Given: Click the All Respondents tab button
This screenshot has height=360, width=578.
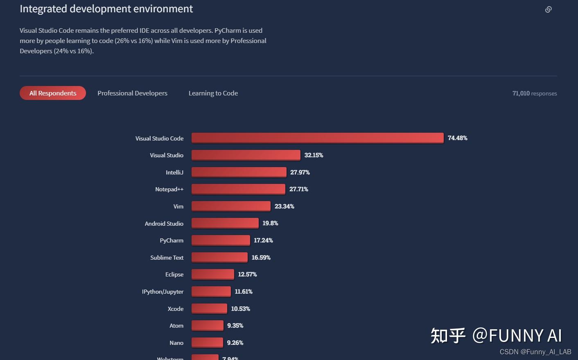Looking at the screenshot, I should click(53, 93).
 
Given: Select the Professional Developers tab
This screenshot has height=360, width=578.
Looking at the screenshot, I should click(132, 93).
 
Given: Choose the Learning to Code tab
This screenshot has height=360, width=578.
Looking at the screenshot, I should click(213, 93).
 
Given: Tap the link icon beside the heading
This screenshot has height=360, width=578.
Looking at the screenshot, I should click(549, 9).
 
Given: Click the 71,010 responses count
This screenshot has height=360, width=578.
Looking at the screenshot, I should click(534, 93).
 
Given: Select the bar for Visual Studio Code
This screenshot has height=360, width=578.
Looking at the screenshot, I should click(317, 138).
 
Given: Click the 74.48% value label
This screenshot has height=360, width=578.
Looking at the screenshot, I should click(457, 138).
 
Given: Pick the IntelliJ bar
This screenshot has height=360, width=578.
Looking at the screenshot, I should click(239, 172).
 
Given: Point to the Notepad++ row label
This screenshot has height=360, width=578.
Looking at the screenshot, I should click(169, 189).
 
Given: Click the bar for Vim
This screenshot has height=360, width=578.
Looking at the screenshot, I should click(231, 206).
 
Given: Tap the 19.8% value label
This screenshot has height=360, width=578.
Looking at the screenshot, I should click(270, 223).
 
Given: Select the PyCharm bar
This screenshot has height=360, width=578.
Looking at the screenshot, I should click(221, 240).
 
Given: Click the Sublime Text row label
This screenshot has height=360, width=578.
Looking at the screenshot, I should click(167, 258).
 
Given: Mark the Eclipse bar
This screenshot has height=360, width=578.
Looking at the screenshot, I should click(212, 274).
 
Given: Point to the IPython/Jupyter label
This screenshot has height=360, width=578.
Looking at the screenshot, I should click(163, 292).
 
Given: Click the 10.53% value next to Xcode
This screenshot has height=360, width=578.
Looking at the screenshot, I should click(240, 309).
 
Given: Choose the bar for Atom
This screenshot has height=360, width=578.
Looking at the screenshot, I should click(207, 326).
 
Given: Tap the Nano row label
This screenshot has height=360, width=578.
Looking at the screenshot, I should click(176, 343).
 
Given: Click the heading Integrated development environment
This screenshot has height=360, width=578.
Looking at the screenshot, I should click(106, 9).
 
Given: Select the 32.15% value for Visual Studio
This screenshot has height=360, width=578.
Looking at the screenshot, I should click(314, 155).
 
